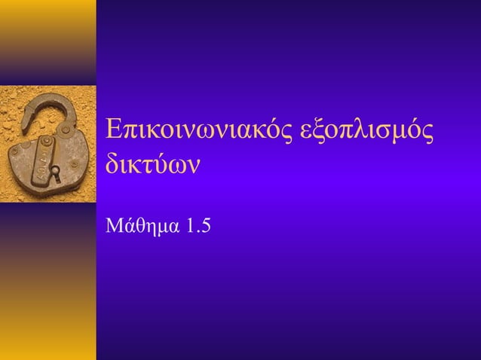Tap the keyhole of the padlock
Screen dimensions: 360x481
click(x=54, y=172)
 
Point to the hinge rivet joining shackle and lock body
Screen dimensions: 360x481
click(x=66, y=130)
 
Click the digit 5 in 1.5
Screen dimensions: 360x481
click(x=205, y=225)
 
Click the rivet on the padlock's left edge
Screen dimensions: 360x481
click(x=14, y=151)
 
